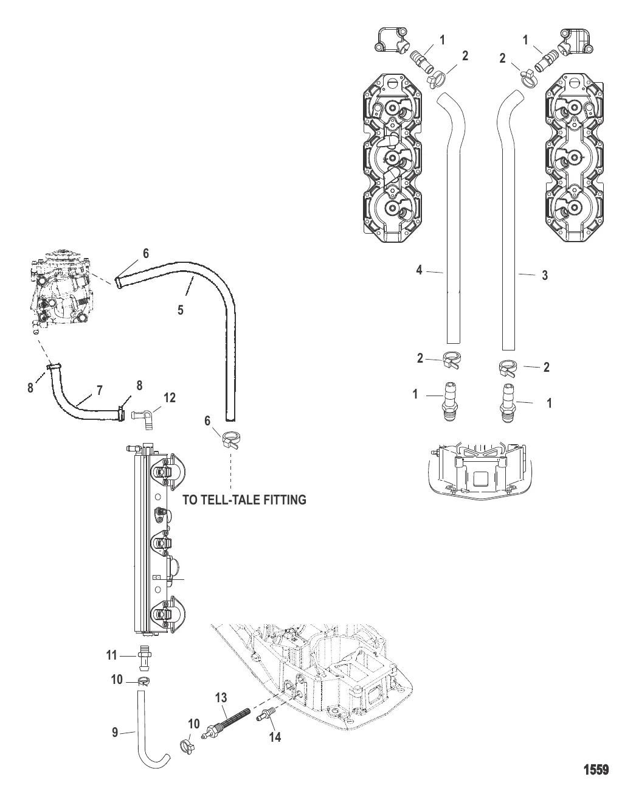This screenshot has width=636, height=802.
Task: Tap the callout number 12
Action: pos(170,397)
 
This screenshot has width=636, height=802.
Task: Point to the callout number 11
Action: pos(112,655)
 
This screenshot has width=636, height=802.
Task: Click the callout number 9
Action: pos(115,732)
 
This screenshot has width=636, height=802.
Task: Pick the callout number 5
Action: pos(181,310)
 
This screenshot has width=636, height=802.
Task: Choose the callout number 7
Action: pos(100,390)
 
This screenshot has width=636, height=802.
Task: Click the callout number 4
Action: pos(420,270)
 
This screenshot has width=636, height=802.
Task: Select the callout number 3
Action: pos(545,276)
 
